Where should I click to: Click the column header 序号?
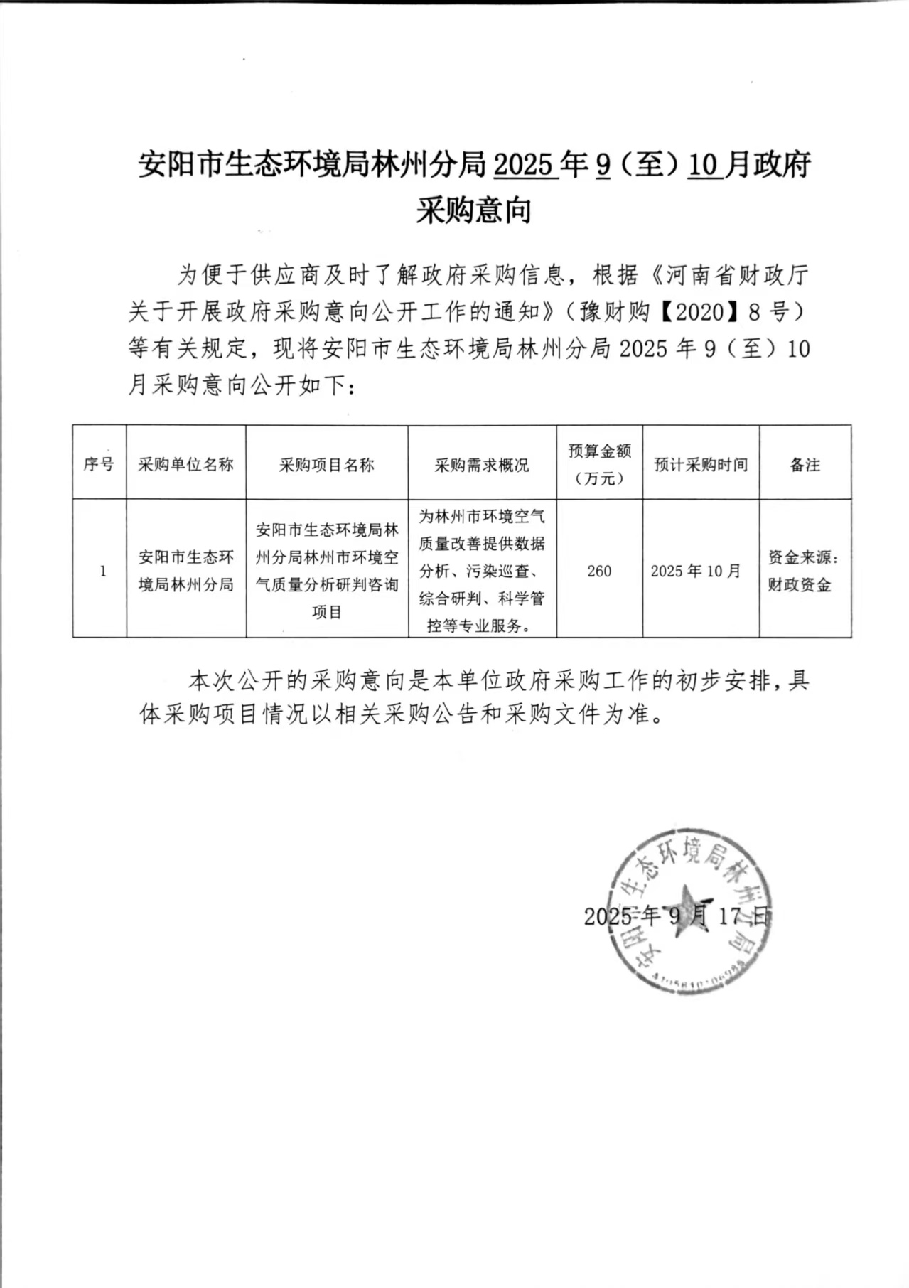coord(99,464)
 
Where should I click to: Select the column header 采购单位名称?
coord(185,465)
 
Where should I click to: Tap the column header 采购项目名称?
coord(326,465)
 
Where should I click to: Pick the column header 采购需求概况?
coord(482,465)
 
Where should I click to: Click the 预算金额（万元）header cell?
coord(599,464)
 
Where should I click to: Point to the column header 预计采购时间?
coord(701,465)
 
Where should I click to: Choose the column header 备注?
coord(805,465)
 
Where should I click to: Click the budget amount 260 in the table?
coord(599,571)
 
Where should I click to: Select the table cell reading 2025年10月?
coord(696,571)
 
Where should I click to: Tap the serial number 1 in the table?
coord(103,571)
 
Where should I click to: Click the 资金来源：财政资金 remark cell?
coord(803,571)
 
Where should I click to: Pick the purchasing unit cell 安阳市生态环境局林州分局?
coord(185,571)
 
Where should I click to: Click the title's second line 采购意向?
coord(473,211)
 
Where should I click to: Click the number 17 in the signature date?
coord(730,916)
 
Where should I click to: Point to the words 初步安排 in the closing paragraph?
coord(719,681)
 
